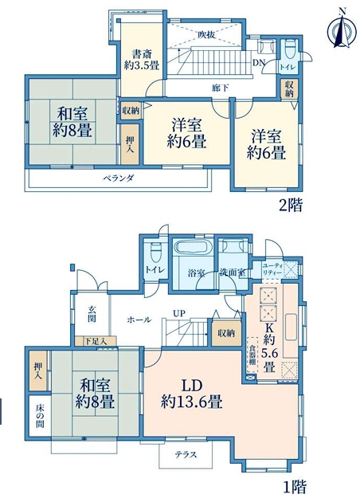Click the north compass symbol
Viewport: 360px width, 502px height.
click(x=342, y=28)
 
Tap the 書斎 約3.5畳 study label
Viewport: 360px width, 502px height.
click(x=142, y=60)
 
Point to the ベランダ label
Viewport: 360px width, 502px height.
click(x=119, y=178)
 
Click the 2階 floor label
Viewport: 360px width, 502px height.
click(x=290, y=205)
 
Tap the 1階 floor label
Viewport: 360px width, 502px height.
click(x=295, y=487)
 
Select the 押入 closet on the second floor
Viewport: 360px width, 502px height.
click(x=130, y=144)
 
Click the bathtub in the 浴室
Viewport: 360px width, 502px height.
click(x=192, y=248)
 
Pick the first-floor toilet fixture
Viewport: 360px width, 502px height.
click(x=155, y=253)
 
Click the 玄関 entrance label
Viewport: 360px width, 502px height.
click(x=92, y=314)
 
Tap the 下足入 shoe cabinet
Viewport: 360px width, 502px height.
click(x=96, y=341)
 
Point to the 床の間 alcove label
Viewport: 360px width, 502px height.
click(x=40, y=416)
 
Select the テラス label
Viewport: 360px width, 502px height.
click(x=186, y=454)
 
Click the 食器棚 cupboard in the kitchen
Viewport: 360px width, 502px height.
click(x=252, y=355)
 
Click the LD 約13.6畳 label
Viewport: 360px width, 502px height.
click(x=192, y=394)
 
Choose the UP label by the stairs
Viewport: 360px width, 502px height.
click(x=179, y=313)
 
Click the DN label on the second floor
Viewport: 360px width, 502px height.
click(x=258, y=63)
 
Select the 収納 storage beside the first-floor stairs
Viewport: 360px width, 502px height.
click(x=226, y=333)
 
